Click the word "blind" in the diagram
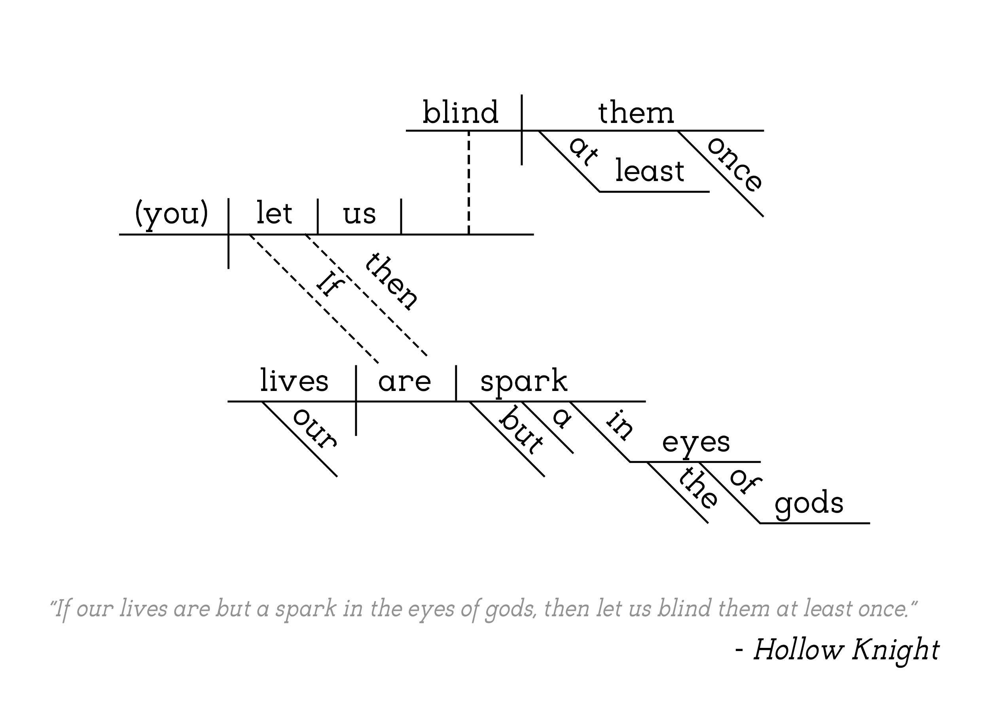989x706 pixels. click(460, 112)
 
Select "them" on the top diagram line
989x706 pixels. click(636, 112)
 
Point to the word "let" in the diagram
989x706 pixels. click(274, 212)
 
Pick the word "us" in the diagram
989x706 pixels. click(359, 214)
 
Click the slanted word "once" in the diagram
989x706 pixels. click(735, 164)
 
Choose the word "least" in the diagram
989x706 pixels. click(650, 170)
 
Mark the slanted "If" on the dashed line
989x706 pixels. click(330, 283)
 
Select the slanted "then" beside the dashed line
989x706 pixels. click(391, 282)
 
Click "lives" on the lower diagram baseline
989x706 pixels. click(294, 380)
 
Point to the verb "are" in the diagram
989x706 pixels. click(405, 382)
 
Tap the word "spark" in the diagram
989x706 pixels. click(524, 382)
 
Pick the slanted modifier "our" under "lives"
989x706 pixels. click(315, 428)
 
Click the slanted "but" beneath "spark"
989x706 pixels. click(521, 430)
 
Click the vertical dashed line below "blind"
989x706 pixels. click(469, 183)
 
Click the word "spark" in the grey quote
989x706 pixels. click(306, 609)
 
